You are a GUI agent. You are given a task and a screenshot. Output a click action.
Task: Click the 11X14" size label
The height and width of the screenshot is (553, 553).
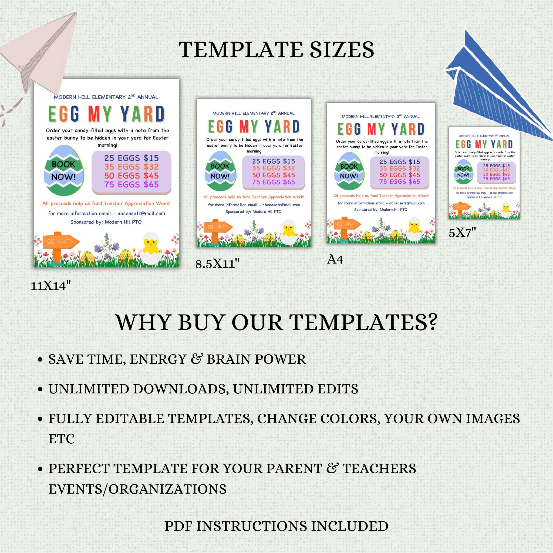tap(51, 286)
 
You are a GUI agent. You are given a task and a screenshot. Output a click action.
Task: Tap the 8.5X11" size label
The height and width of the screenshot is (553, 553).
tap(217, 264)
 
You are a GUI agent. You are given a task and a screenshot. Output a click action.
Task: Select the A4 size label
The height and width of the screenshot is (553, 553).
tap(335, 259)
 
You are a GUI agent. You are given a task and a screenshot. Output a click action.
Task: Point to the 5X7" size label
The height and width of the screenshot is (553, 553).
tap(462, 233)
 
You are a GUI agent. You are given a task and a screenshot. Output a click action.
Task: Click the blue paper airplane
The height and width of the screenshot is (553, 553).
tap(498, 92)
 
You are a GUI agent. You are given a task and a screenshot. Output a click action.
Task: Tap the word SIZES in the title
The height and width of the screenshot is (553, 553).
tap(342, 50)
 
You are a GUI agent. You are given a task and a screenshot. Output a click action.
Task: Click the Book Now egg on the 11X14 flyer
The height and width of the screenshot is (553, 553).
tap(64, 171)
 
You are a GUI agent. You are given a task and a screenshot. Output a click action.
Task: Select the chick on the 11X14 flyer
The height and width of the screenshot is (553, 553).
tap(151, 248)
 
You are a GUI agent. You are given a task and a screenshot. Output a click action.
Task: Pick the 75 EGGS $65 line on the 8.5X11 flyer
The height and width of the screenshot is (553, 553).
tap(273, 182)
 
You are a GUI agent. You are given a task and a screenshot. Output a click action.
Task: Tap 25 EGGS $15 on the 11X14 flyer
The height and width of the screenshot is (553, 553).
tap(131, 158)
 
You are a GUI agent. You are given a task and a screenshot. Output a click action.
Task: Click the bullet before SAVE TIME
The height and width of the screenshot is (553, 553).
tap(40, 359)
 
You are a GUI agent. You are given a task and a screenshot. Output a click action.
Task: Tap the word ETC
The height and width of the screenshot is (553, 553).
tap(62, 439)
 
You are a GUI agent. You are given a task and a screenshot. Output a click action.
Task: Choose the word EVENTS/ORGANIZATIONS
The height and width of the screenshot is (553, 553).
tap(137, 489)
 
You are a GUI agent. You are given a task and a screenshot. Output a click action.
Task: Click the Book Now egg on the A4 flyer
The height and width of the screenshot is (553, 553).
tap(349, 171)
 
